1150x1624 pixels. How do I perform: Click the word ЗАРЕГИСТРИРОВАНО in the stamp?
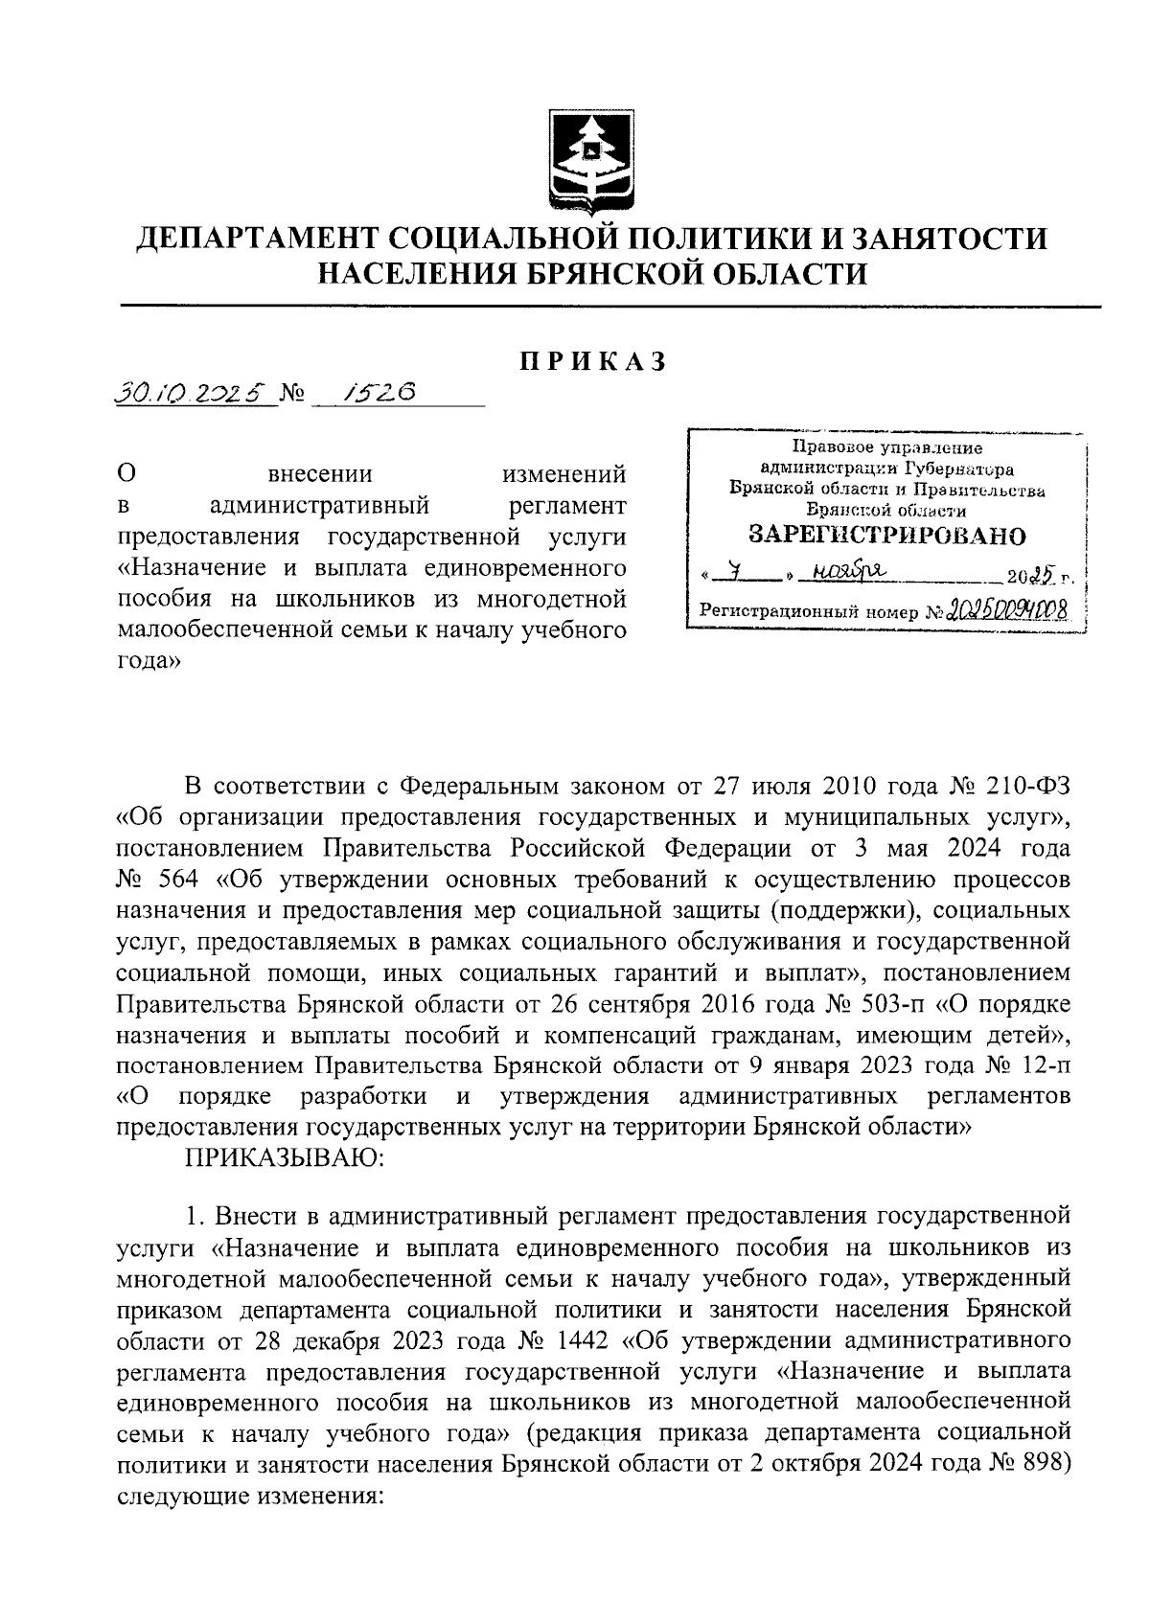[x=886, y=536]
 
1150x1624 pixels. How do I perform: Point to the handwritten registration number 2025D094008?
[x=1005, y=609]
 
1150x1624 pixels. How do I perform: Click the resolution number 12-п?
[x=1044, y=1065]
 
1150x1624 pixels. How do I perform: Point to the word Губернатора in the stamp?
[x=959, y=469]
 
